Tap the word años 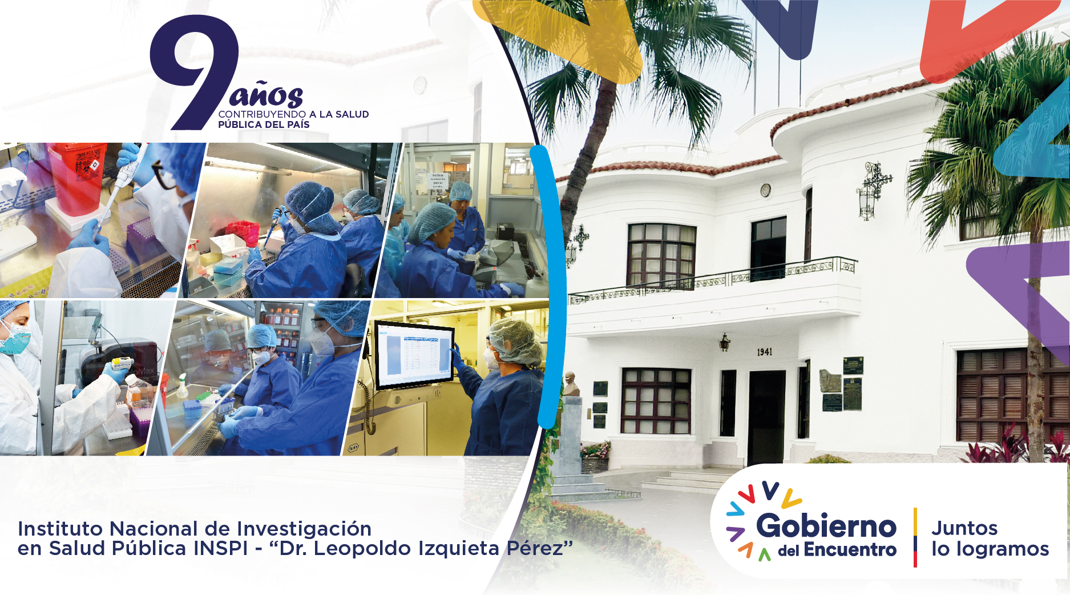(x=266, y=95)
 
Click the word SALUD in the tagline (x=352, y=114)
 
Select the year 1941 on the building (x=765, y=352)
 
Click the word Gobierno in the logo (x=826, y=525)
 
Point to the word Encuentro (x=850, y=550)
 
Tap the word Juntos (x=964, y=528)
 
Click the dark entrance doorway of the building (x=767, y=416)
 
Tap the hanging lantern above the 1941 (x=724, y=342)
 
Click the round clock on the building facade (x=766, y=190)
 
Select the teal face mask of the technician (x=15, y=339)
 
